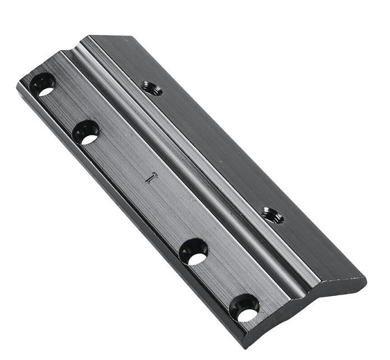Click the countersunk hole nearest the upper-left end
pos(43,85)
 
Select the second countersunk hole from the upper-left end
pos(86,132)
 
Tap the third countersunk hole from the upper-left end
pos(194,251)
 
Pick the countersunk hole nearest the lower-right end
pos(245,308)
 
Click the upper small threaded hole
pos(152,88)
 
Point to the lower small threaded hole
pos(273,215)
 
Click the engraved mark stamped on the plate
pos(151,178)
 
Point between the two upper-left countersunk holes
pos(64,109)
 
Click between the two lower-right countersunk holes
pos(219,280)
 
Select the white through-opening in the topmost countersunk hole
pos(46,90)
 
